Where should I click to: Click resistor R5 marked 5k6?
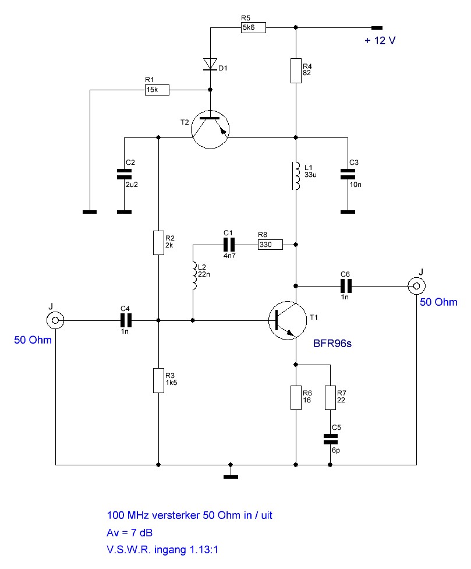pyautogui.click(x=253, y=27)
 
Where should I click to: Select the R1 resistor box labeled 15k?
pyautogui.click(x=157, y=90)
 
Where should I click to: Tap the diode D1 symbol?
pyautogui.click(x=210, y=64)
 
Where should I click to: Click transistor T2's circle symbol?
pyautogui.click(x=210, y=129)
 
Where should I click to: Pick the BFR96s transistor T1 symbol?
pyautogui.click(x=288, y=320)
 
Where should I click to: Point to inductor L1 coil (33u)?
pyautogui.click(x=296, y=176)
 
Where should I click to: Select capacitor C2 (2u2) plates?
pyautogui.click(x=124, y=174)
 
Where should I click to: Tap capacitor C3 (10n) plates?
pyautogui.click(x=348, y=174)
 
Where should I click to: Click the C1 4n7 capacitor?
pyautogui.click(x=229, y=245)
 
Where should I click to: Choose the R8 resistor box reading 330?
pyautogui.click(x=270, y=245)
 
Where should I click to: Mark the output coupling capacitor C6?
pyautogui.click(x=346, y=286)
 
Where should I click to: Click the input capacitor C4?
pyautogui.click(x=126, y=320)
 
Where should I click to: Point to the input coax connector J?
pyautogui.click(x=55, y=320)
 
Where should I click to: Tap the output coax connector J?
pyautogui.click(x=417, y=286)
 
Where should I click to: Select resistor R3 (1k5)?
pyautogui.click(x=158, y=381)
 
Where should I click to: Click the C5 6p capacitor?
pyautogui.click(x=330, y=439)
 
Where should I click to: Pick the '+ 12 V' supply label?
pyautogui.click(x=380, y=40)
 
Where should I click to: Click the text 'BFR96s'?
pyautogui.click(x=332, y=343)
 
